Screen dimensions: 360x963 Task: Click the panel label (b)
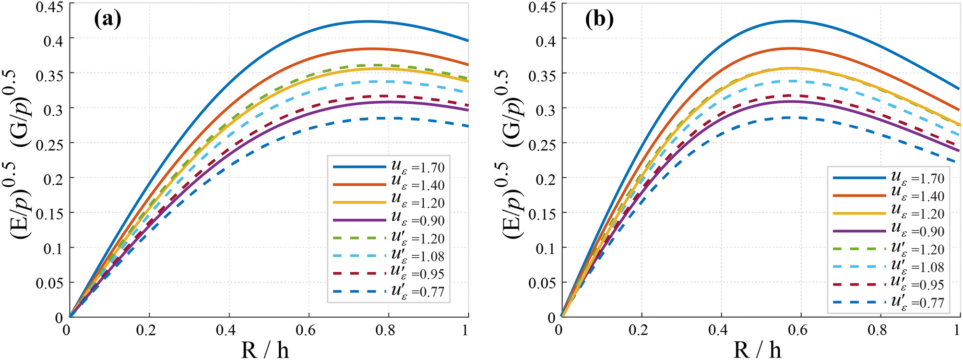tap(599, 20)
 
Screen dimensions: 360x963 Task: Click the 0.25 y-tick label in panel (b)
tap(542, 144)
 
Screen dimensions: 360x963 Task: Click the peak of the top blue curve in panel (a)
tap(367, 21)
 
